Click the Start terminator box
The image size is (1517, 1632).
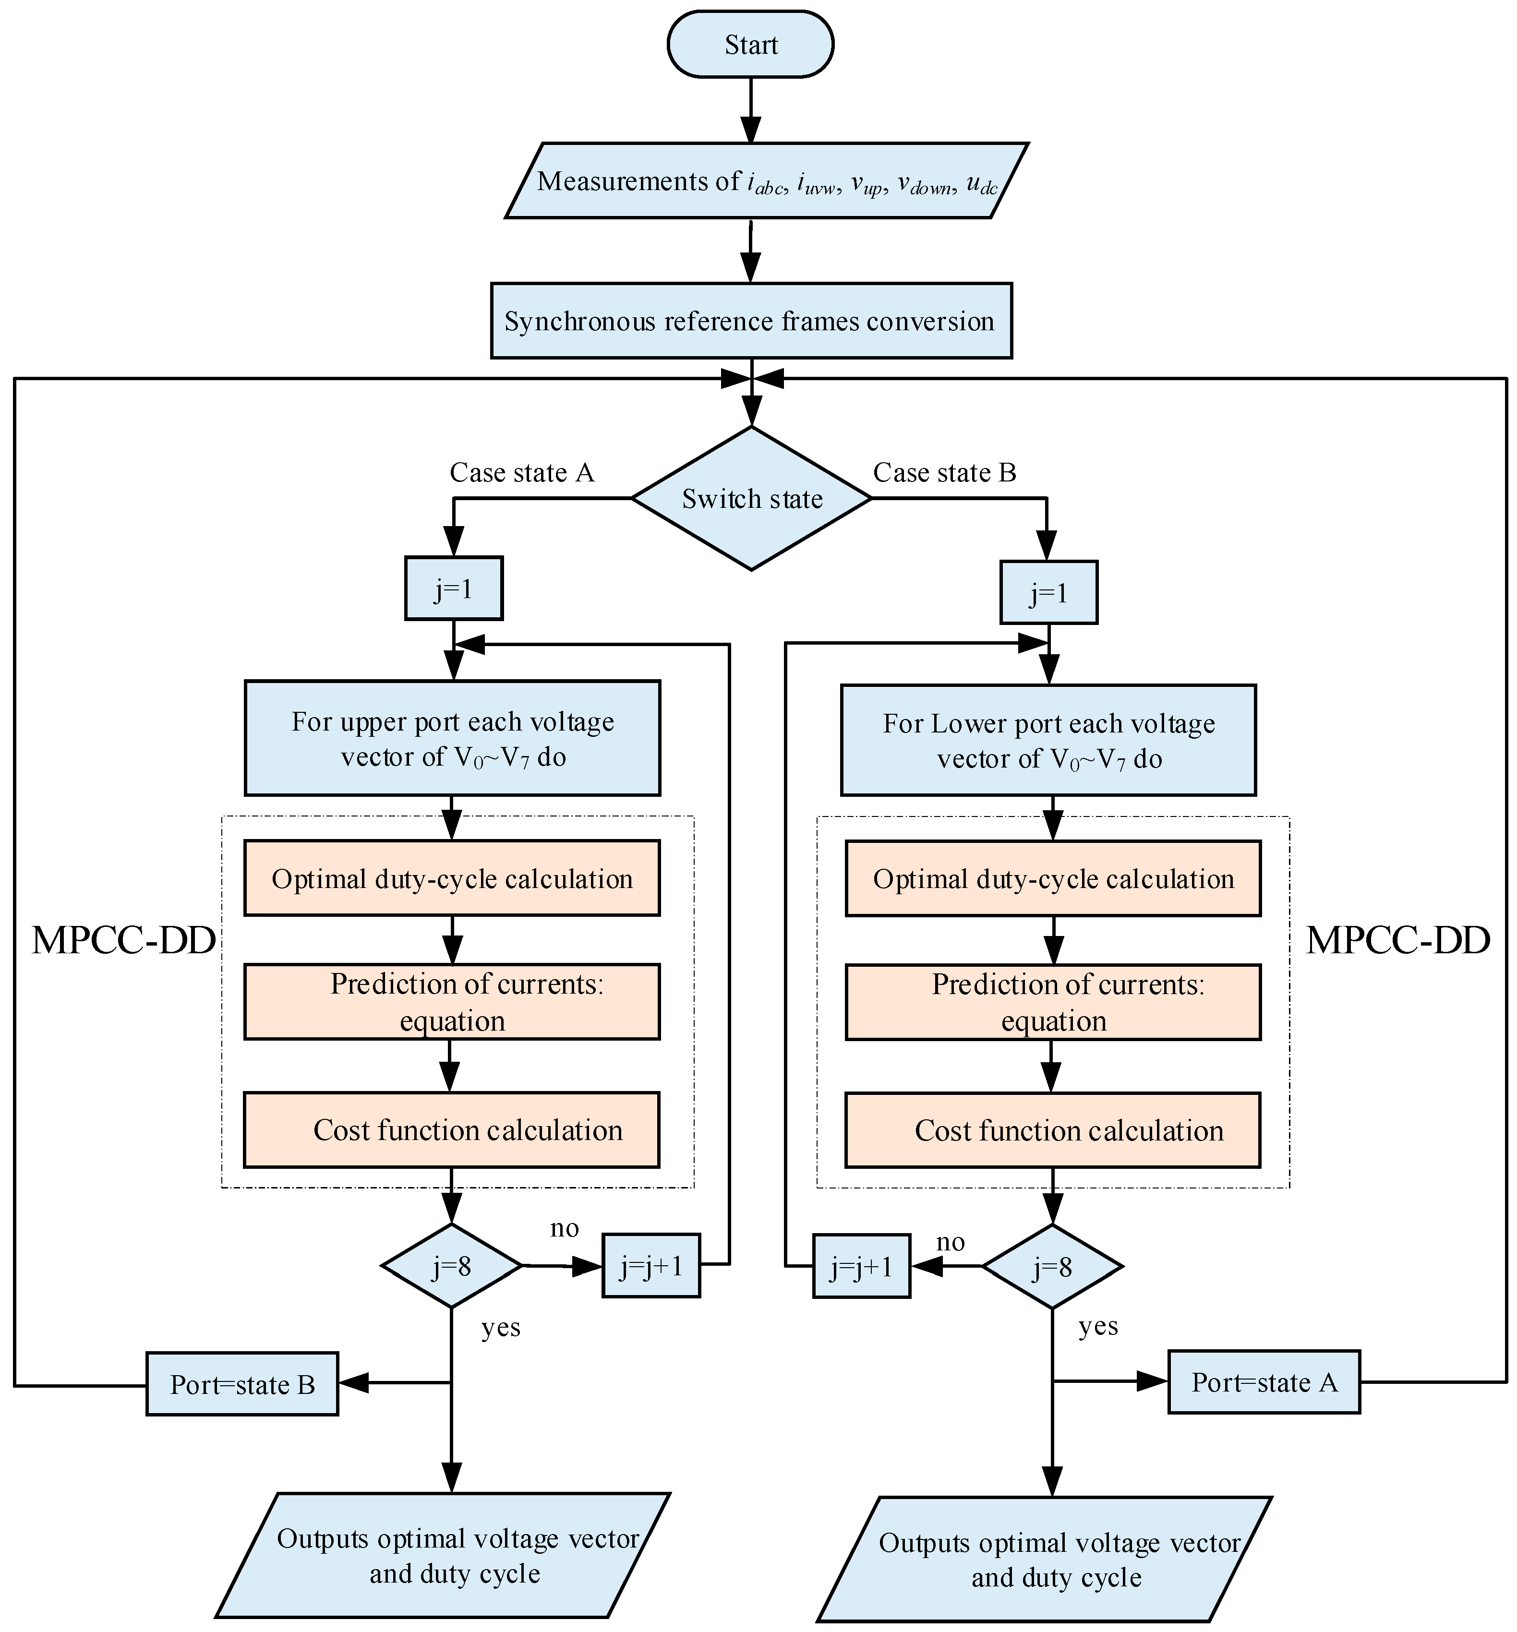point(750,44)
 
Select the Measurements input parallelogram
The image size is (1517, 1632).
point(766,180)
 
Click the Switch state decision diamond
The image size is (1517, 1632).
point(751,498)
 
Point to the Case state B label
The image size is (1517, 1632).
point(944,473)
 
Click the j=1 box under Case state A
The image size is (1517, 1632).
point(453,588)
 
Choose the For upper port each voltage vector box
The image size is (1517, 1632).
point(452,738)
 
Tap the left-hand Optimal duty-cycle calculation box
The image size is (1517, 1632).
point(451,878)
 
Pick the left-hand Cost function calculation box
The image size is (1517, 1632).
point(451,1130)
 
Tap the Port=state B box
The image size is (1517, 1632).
point(242,1385)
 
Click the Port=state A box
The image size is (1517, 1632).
point(1264,1382)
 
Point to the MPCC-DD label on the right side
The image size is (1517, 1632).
point(1397,941)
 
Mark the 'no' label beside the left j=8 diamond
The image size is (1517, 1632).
point(564,1228)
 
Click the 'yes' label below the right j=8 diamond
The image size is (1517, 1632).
point(1097,1327)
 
